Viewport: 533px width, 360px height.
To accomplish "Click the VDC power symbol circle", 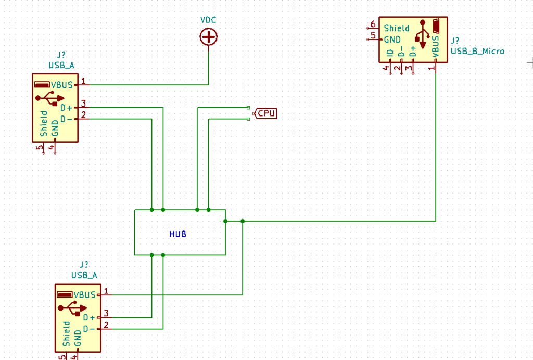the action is click(x=208, y=37).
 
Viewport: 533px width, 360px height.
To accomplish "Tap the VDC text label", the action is click(x=208, y=20).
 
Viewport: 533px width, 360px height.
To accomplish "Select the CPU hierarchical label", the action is click(x=265, y=113).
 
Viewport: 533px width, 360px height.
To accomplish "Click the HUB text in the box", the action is click(x=178, y=234).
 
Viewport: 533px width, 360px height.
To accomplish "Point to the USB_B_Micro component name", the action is click(x=477, y=52).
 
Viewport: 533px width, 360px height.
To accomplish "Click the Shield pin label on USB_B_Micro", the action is click(x=397, y=28).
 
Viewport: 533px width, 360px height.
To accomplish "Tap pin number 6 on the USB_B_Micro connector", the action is click(x=373, y=24).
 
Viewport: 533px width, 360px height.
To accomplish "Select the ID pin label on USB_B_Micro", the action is click(x=390, y=53).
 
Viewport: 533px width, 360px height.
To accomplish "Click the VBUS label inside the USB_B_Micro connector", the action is click(x=436, y=46).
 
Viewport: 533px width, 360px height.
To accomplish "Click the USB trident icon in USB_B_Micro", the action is click(x=423, y=34).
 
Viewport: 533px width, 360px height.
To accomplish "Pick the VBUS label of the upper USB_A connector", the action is click(x=62, y=85).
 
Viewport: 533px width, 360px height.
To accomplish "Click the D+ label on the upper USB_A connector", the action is click(x=66, y=108).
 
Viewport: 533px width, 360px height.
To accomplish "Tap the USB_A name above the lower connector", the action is click(x=84, y=275).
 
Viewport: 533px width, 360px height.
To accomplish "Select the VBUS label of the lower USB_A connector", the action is click(x=85, y=295).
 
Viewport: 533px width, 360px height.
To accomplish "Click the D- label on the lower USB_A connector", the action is click(x=89, y=329).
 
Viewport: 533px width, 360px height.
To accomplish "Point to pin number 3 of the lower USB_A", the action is click(x=106, y=314).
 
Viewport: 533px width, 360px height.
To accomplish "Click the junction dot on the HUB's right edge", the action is click(x=225, y=221).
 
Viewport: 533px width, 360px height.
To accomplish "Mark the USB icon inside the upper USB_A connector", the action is click(x=49, y=98).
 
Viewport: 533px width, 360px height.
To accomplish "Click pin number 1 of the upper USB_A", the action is click(x=83, y=81).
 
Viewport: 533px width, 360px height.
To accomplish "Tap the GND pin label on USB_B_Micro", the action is click(x=392, y=40).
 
